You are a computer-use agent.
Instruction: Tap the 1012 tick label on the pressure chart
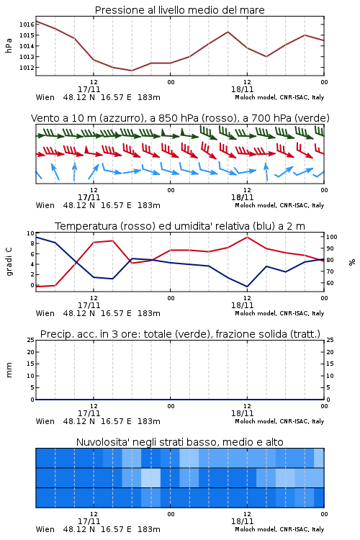coord(27,68)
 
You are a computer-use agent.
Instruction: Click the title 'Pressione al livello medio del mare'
coord(179,10)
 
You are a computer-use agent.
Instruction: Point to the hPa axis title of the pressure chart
coord(9,45)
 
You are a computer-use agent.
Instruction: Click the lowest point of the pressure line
coord(132,71)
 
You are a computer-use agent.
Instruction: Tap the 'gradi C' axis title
coord(9,261)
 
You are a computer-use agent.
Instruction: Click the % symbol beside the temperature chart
coord(352,262)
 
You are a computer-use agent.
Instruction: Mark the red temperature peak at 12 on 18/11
coord(247,237)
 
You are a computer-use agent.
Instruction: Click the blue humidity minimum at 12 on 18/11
coord(247,287)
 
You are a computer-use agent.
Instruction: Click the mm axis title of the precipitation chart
coord(9,370)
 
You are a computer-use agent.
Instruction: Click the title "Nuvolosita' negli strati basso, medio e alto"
coord(179,442)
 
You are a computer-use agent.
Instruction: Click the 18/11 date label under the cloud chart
coord(242,521)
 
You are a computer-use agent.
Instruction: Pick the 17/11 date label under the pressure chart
coord(89,89)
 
